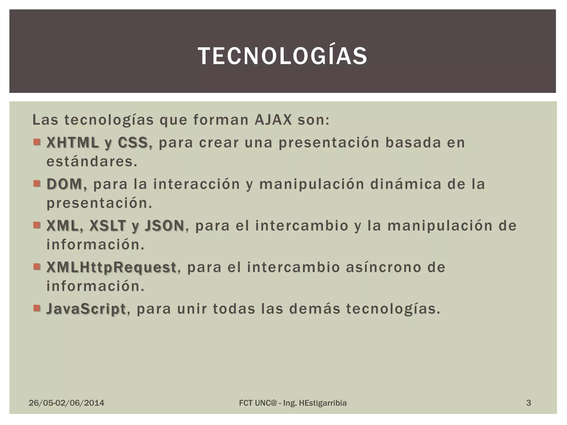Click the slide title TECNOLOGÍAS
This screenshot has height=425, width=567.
[x=283, y=56]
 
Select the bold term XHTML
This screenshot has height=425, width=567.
[x=73, y=143]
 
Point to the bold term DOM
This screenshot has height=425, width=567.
[x=66, y=184]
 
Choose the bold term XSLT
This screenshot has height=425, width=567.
[x=107, y=226]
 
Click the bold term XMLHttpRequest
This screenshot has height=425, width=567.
[x=111, y=267]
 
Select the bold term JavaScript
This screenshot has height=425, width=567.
[x=86, y=309]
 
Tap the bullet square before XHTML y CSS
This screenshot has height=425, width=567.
[x=37, y=142]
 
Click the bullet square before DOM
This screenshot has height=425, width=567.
[x=37, y=184]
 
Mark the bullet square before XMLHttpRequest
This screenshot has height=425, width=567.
[x=37, y=267]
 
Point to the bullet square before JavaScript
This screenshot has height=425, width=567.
[x=37, y=308]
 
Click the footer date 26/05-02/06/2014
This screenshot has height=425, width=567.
[x=66, y=403]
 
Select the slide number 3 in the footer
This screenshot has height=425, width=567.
[x=529, y=403]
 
